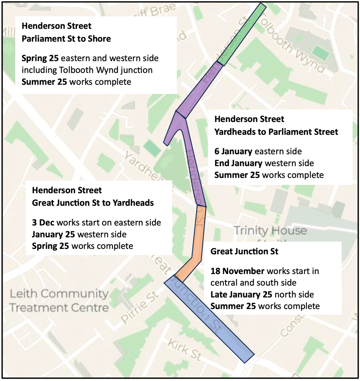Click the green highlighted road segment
[241, 35]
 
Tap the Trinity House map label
[270, 230]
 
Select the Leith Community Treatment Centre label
[59, 301]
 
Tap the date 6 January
[233, 151]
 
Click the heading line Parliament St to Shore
[66, 39]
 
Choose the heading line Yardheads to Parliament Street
[276, 132]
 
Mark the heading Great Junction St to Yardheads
[93, 203]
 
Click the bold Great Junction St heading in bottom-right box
[244, 251]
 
